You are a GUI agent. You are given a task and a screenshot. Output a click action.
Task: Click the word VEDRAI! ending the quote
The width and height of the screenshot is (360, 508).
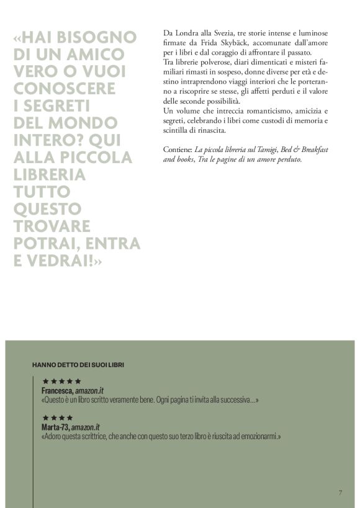71,261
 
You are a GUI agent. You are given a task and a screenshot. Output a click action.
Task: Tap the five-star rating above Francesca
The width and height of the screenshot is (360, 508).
61,381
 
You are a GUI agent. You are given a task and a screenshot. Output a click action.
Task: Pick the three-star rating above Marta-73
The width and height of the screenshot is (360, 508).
53,418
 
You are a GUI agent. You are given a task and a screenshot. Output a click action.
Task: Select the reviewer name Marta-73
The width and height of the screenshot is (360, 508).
55,428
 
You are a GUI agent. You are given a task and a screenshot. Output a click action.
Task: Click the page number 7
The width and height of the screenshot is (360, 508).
340,492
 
